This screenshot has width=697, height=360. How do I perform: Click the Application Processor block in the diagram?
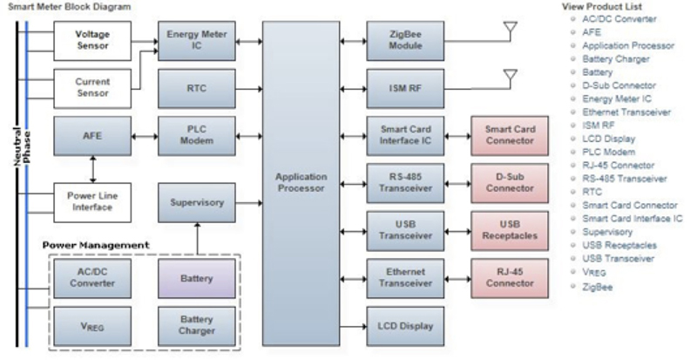click(301, 182)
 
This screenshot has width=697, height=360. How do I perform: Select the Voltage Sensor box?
click(92, 40)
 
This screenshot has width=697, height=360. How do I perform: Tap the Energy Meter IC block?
click(196, 40)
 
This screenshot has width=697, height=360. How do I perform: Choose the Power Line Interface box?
click(92, 201)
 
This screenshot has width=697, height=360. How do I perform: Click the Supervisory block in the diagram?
click(196, 202)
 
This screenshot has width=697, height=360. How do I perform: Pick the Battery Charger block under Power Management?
click(197, 325)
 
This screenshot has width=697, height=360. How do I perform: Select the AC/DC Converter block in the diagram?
click(92, 277)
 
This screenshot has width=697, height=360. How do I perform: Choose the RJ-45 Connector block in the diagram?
click(510, 277)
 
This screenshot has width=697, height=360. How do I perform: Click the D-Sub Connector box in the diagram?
click(510, 182)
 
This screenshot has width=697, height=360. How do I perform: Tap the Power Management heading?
click(96, 246)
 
